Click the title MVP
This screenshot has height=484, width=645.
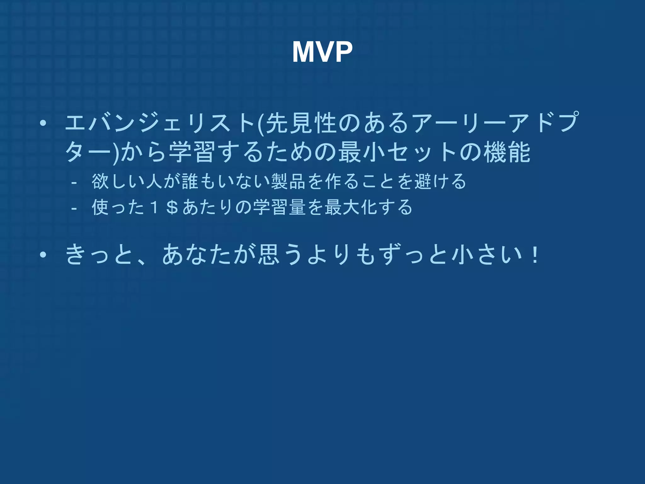pos(322,52)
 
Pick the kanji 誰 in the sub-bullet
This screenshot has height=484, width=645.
pos(190,181)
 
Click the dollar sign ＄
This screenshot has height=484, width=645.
pos(172,208)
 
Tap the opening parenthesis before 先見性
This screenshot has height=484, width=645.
pos(260,123)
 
